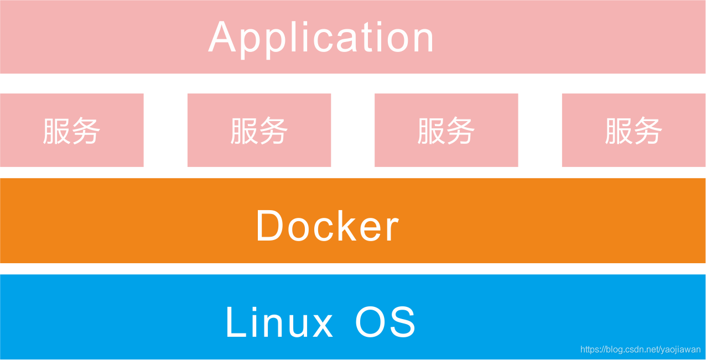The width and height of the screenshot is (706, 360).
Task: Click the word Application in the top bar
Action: pos(321,38)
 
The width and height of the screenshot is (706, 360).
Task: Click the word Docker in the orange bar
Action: pos(327,226)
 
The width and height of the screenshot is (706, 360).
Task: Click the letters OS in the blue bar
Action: pos(385,322)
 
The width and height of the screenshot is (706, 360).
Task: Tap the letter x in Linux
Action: pos(322,326)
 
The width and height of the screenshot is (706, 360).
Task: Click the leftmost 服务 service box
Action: pos(71,131)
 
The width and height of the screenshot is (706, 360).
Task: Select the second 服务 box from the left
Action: pos(259,131)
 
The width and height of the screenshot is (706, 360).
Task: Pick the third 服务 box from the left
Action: pos(446,131)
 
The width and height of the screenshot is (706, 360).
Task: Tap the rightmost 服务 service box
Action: pos(634,131)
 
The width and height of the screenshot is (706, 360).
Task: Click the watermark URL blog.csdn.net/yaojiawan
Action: pos(640,349)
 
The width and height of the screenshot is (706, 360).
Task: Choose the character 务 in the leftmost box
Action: pos(86,131)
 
